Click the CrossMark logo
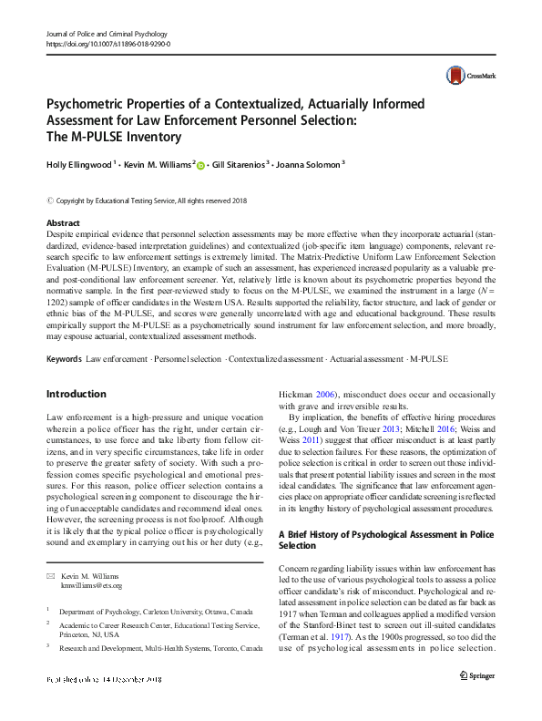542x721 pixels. tap(463, 77)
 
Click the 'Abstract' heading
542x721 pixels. tap(63, 222)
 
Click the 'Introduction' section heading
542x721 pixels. tap(76, 394)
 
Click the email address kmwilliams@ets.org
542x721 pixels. tap(91, 585)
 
